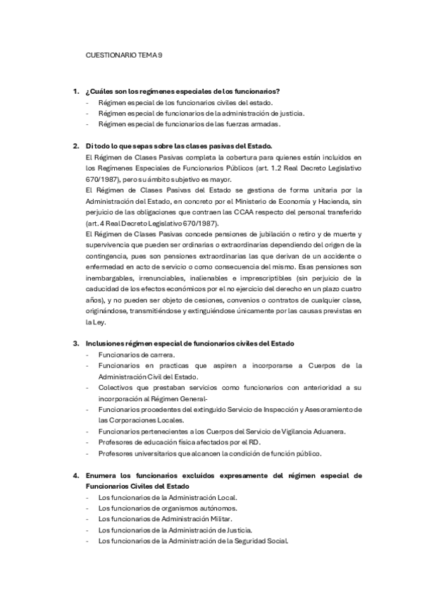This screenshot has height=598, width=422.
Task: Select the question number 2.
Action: tap(76, 146)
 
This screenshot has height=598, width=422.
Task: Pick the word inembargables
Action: tap(107, 278)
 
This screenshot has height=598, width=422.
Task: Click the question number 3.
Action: tap(76, 343)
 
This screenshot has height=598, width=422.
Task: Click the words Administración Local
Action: tap(202, 497)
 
